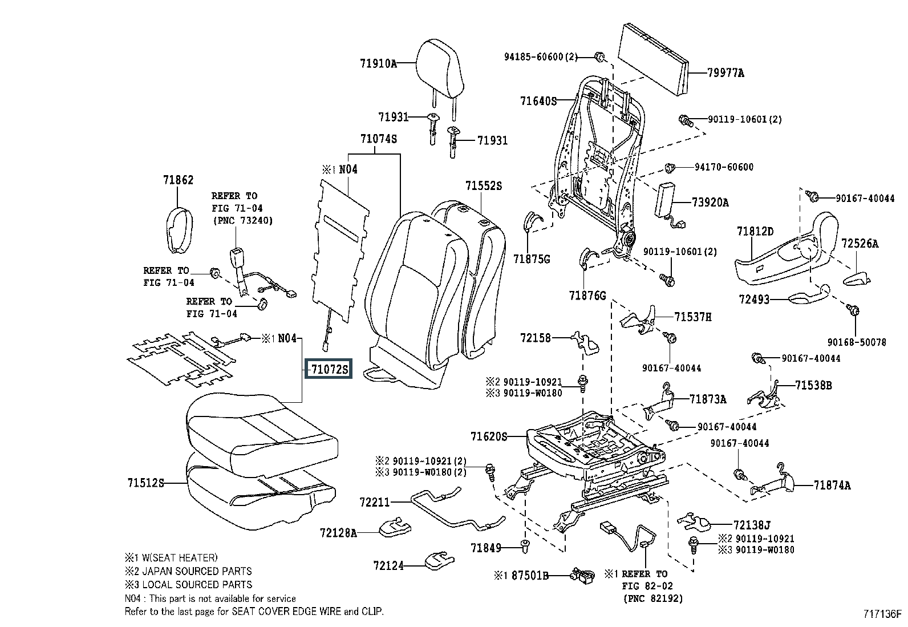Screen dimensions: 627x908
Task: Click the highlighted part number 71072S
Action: tap(329, 370)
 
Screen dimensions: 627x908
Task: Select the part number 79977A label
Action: tap(725, 73)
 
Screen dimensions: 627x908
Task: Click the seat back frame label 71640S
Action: tap(538, 101)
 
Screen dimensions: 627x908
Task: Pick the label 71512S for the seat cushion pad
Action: tap(145, 483)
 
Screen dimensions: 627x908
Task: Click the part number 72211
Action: tap(375, 503)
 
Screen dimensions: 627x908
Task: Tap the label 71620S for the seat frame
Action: tap(489, 436)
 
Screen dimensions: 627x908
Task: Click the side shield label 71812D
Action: tap(755, 231)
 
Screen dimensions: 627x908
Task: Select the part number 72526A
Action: tap(860, 244)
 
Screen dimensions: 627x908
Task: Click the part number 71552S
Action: tap(483, 186)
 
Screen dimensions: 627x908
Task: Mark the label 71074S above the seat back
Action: tap(378, 139)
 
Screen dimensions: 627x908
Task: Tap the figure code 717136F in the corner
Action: tap(882, 614)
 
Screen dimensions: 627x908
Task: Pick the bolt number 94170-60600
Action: tap(724, 167)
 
